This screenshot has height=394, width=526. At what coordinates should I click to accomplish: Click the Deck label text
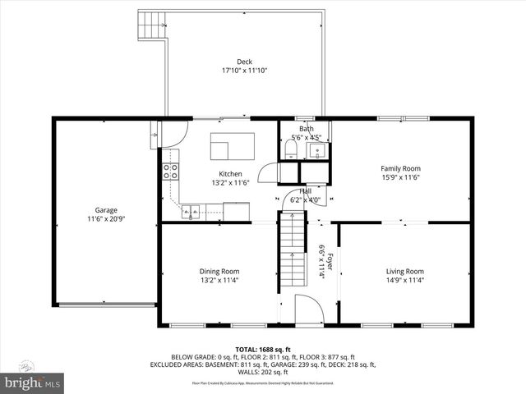(x=244, y=62)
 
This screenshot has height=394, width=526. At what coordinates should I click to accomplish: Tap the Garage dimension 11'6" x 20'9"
(x=105, y=219)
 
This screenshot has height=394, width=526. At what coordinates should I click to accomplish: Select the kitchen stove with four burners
(x=171, y=172)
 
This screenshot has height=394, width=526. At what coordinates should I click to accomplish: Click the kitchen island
(x=232, y=147)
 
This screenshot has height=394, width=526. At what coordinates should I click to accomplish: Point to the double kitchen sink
(x=191, y=213)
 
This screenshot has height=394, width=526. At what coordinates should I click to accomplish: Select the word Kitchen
(x=230, y=174)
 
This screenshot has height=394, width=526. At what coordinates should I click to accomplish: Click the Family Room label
(x=400, y=168)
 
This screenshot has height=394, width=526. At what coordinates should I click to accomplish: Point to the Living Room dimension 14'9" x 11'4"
(x=405, y=281)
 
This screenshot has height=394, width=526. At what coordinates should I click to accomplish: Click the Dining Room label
(x=219, y=272)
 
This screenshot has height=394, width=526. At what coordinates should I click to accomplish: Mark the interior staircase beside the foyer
(x=290, y=250)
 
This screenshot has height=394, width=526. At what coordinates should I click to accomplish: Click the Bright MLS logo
(x=32, y=383)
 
